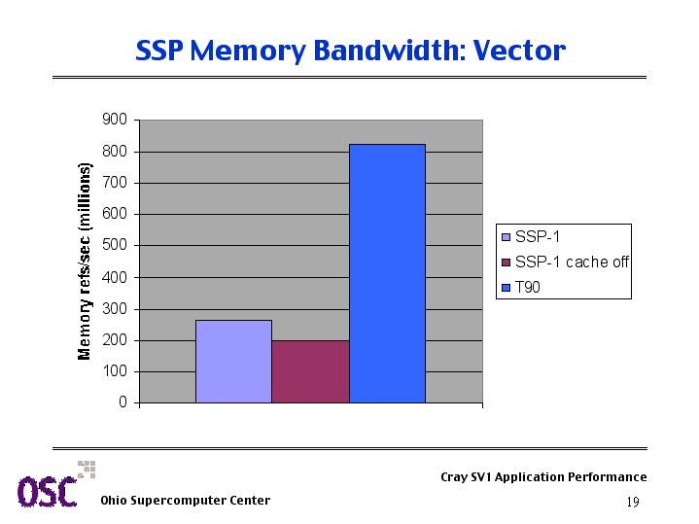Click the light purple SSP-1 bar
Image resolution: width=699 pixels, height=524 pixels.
(x=233, y=362)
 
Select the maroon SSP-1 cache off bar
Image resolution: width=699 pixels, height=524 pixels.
(x=311, y=371)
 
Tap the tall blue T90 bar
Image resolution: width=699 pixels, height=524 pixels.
(x=387, y=273)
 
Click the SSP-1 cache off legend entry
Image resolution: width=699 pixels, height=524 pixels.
(x=565, y=262)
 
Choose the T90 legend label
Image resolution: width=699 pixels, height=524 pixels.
(x=527, y=287)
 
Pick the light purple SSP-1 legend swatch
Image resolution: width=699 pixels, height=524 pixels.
(x=506, y=237)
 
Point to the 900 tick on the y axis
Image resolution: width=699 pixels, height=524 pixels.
(x=115, y=120)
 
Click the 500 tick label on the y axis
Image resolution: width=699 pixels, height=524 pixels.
(x=115, y=245)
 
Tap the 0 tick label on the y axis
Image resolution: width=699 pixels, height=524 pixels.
(x=122, y=402)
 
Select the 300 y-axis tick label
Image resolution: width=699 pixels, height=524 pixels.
(x=115, y=308)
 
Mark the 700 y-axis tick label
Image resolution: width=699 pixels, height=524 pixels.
(x=115, y=183)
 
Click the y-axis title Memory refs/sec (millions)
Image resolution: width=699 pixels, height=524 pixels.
(x=85, y=262)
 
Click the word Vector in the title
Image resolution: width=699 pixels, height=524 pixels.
(x=519, y=51)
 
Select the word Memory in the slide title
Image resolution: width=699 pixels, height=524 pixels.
(x=248, y=52)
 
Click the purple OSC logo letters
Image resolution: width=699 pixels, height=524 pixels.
(x=48, y=492)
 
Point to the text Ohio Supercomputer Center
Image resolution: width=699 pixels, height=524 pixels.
(x=186, y=501)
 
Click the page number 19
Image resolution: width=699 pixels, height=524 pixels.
(x=633, y=503)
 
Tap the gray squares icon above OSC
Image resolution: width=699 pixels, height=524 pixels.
(x=87, y=470)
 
